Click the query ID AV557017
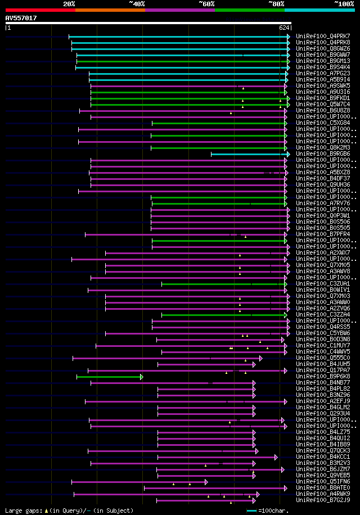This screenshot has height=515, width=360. (x=21, y=18)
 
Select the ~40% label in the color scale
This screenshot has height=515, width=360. (x=137, y=4)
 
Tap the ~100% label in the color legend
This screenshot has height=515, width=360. (x=344, y=4)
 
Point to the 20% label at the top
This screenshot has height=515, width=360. (x=69, y=4)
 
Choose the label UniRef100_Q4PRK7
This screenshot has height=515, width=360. (x=322, y=36)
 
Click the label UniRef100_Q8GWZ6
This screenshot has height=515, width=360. (x=322, y=48)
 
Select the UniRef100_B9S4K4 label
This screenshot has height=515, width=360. (x=322, y=67)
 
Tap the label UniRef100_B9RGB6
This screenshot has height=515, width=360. (x=322, y=153)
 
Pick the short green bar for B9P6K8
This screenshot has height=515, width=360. (x=110, y=377)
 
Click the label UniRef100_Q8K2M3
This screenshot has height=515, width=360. (x=322, y=147)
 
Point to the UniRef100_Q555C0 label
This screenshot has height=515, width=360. (x=322, y=358)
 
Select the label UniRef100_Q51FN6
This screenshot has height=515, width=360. (x=322, y=481)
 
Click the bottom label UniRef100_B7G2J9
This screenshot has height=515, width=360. (x=322, y=500)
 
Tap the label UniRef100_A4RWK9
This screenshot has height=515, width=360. (x=322, y=494)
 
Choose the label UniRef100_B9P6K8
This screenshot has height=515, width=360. (x=322, y=376)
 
